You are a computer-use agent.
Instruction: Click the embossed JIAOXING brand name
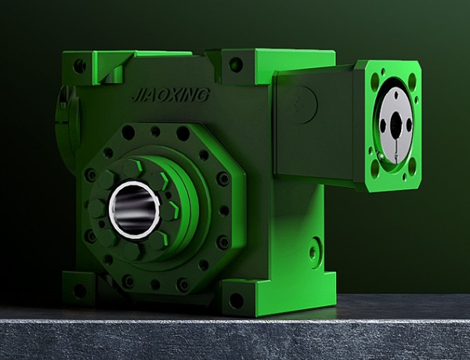click(171, 95)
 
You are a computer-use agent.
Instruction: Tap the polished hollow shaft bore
click(134, 210)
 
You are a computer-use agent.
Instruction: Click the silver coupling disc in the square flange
click(396, 124)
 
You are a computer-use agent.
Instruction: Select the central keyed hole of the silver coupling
click(396, 124)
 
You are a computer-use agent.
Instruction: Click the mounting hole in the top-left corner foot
click(80, 67)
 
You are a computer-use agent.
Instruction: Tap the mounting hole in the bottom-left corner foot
click(80, 291)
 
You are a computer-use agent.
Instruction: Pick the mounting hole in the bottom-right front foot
click(237, 301)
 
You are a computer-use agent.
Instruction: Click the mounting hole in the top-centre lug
click(236, 65)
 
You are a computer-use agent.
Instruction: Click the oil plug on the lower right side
click(313, 253)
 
